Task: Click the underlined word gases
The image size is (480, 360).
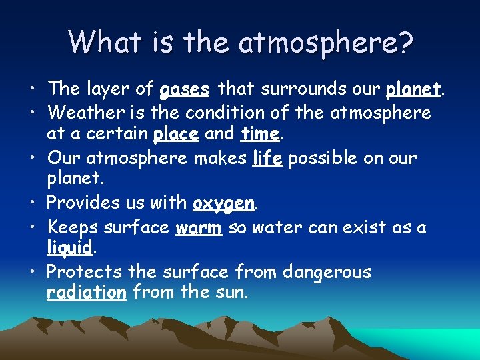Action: [x=185, y=89]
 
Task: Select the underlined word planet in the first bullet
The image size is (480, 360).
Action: [x=415, y=89]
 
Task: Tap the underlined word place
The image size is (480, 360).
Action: [x=176, y=134]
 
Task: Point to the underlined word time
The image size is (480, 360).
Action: [x=260, y=133]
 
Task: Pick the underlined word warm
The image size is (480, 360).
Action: [x=199, y=227]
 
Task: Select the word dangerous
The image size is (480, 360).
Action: [x=327, y=272]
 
